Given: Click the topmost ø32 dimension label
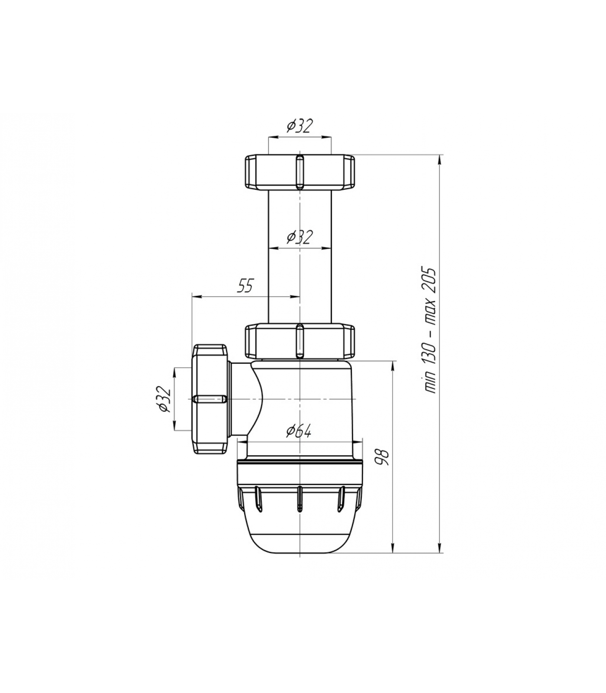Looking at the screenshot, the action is pyautogui.click(x=299, y=126).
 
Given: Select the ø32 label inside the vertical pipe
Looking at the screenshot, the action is pyautogui.click(x=299, y=237).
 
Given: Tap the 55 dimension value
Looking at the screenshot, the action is pyautogui.click(x=245, y=286).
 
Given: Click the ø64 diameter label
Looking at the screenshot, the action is pyautogui.click(x=299, y=431).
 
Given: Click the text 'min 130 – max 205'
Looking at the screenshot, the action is pyautogui.click(x=431, y=330).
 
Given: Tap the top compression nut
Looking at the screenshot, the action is pyautogui.click(x=300, y=172).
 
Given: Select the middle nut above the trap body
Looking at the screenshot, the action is pyautogui.click(x=300, y=341).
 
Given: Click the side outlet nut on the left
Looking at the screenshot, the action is pyautogui.click(x=210, y=399).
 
